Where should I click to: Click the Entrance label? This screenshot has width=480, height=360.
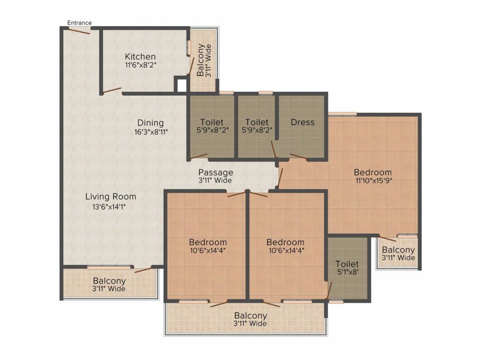tap(79, 22)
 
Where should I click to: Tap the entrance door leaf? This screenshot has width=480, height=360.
tap(79, 31)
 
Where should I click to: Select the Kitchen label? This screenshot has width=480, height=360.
tap(140, 57)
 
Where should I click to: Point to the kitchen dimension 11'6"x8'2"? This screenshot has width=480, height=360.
tap(141, 65)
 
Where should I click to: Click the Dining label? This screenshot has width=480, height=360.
tap(150, 123)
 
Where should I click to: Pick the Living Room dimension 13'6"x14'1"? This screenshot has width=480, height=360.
tap(109, 207)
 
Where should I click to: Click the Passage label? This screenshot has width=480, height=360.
tap(216, 172)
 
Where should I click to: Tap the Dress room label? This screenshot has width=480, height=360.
tap(302, 122)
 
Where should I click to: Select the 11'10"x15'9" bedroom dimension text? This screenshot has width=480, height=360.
tap(374, 180)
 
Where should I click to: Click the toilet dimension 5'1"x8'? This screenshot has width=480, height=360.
tap(347, 271)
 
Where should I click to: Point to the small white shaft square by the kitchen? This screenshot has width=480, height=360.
tap(181, 85)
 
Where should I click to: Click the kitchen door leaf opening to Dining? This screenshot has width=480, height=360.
tap(112, 90)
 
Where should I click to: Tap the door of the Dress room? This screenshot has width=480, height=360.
tap(298, 157)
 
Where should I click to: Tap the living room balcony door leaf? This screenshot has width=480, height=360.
tap(143, 270)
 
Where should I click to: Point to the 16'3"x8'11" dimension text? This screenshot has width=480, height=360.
tap(151, 132)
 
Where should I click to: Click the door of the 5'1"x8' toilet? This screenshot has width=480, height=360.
tap(330, 291)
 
